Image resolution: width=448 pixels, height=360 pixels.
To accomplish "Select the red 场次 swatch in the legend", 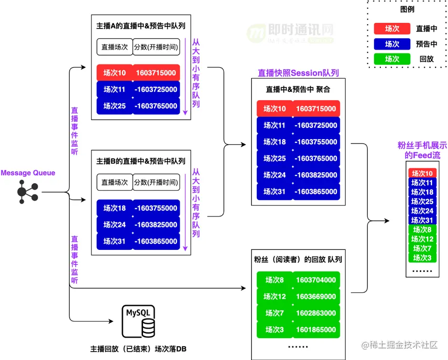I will coord(392,29).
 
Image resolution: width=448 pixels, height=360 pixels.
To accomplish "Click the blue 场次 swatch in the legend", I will coord(392,44).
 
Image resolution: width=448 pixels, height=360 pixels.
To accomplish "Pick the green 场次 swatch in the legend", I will coord(392,59).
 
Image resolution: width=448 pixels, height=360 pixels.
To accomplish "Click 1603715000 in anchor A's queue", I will coord(156,73).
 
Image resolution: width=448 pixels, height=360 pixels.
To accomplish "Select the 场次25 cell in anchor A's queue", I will coord(114,106).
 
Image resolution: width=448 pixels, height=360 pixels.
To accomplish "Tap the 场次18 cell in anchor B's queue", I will coord(114,208).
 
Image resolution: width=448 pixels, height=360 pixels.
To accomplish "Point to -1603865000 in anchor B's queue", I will coord(156,241).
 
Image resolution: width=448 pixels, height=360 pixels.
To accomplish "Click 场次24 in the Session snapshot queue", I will coord(275,175).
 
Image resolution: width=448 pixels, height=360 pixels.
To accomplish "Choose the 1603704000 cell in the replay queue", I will coord(316,280).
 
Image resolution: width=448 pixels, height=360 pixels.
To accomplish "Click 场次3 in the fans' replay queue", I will coord(275,329).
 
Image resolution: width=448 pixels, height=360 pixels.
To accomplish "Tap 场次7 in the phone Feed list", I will coord(422,248).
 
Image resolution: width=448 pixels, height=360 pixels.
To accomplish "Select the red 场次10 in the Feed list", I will coord(422,174).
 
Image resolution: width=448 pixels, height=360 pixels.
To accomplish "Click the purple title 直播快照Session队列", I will coord(298,73).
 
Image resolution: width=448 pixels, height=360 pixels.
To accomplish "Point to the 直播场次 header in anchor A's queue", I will coord(114,47).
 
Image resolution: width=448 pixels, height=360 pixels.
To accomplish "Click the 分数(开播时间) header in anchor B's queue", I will coord(156,182).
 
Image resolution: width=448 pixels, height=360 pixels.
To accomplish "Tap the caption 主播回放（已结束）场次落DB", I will coord(138,349).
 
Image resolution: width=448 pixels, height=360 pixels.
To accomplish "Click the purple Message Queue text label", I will coord(28,173).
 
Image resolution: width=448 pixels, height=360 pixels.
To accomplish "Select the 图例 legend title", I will coord(407,9).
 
